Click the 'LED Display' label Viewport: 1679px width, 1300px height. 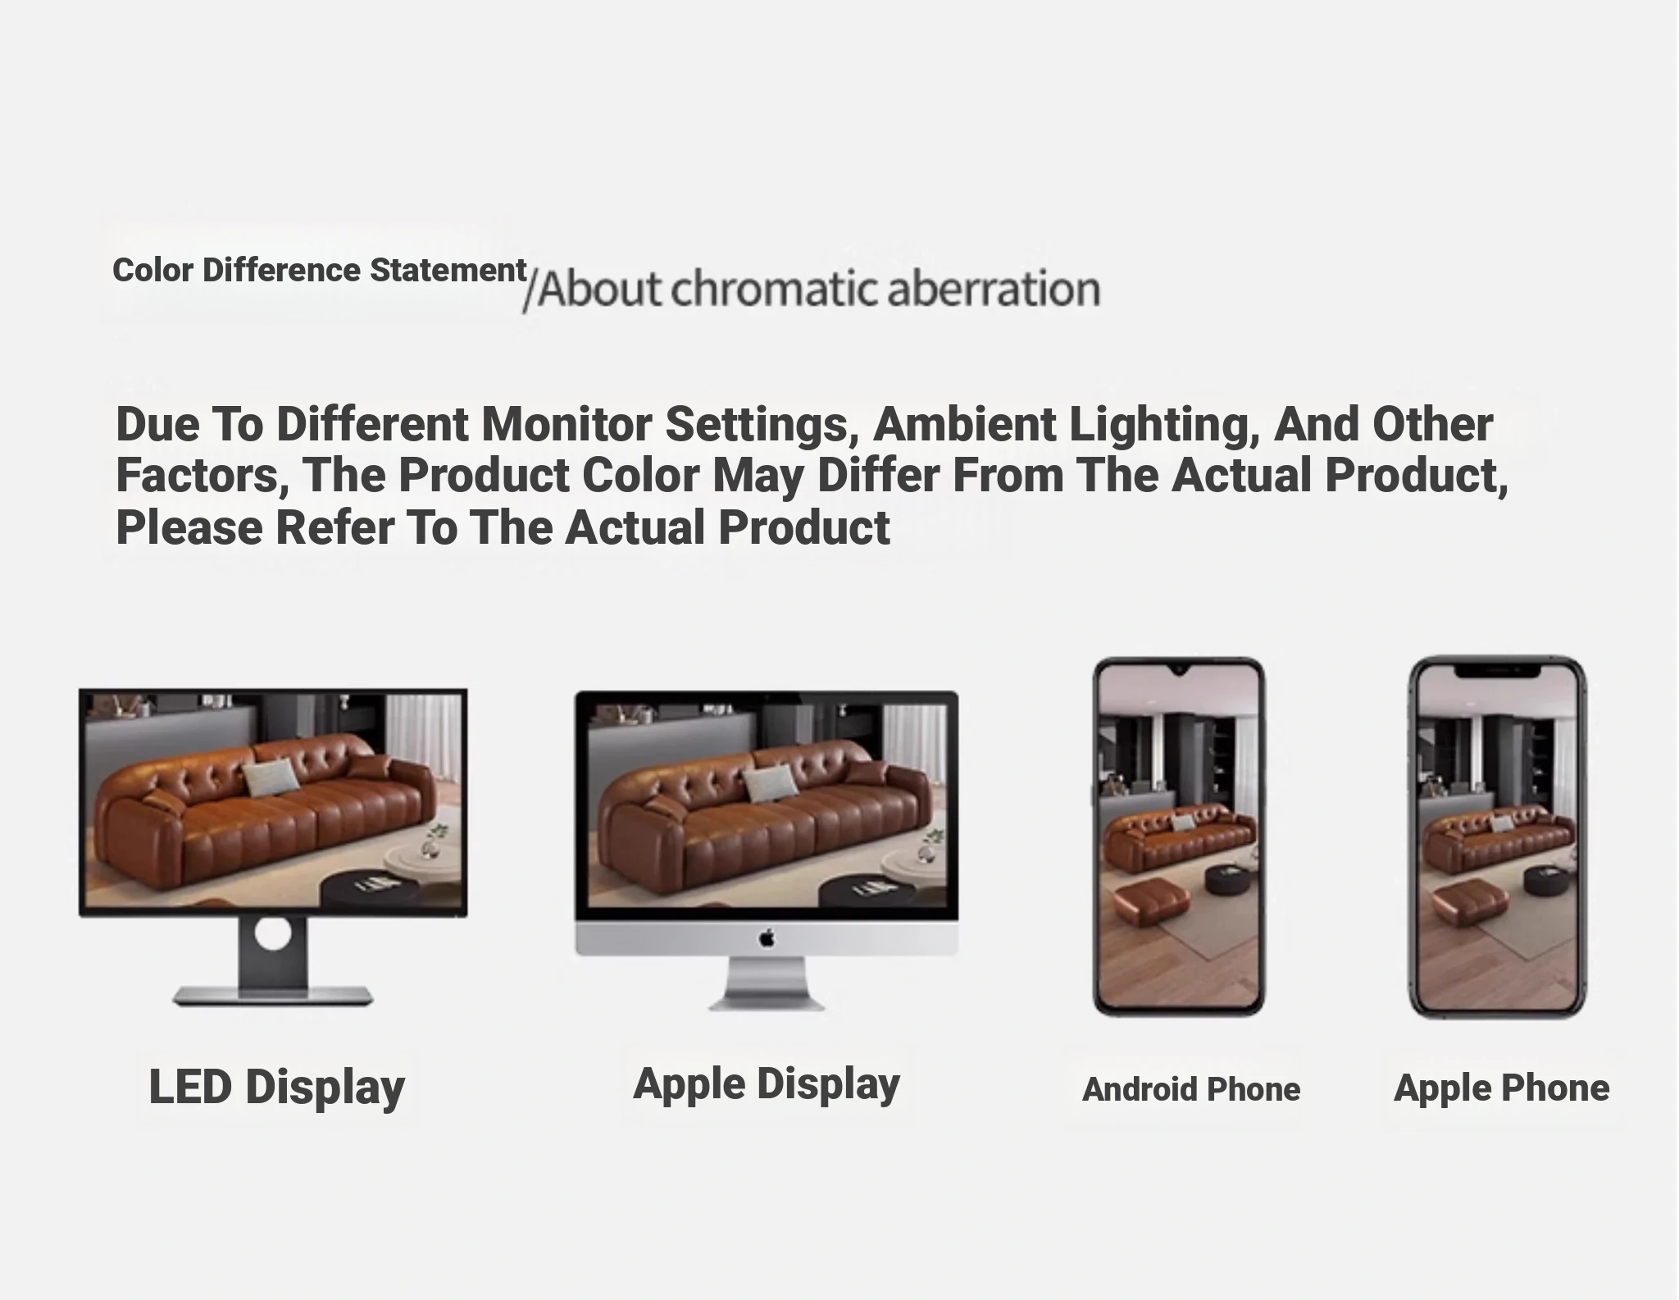click(x=277, y=1088)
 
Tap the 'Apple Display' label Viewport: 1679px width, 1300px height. click(x=767, y=1084)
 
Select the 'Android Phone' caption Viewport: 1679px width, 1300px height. click(x=1191, y=1090)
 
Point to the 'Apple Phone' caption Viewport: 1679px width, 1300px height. click(x=1502, y=1089)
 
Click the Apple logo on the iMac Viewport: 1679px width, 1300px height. click(x=767, y=937)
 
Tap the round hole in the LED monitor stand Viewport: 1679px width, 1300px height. click(x=272, y=933)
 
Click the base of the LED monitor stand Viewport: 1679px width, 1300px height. click(x=272, y=997)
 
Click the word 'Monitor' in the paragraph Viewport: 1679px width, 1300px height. click(x=566, y=424)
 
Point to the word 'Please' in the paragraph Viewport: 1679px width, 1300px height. click(x=189, y=527)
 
